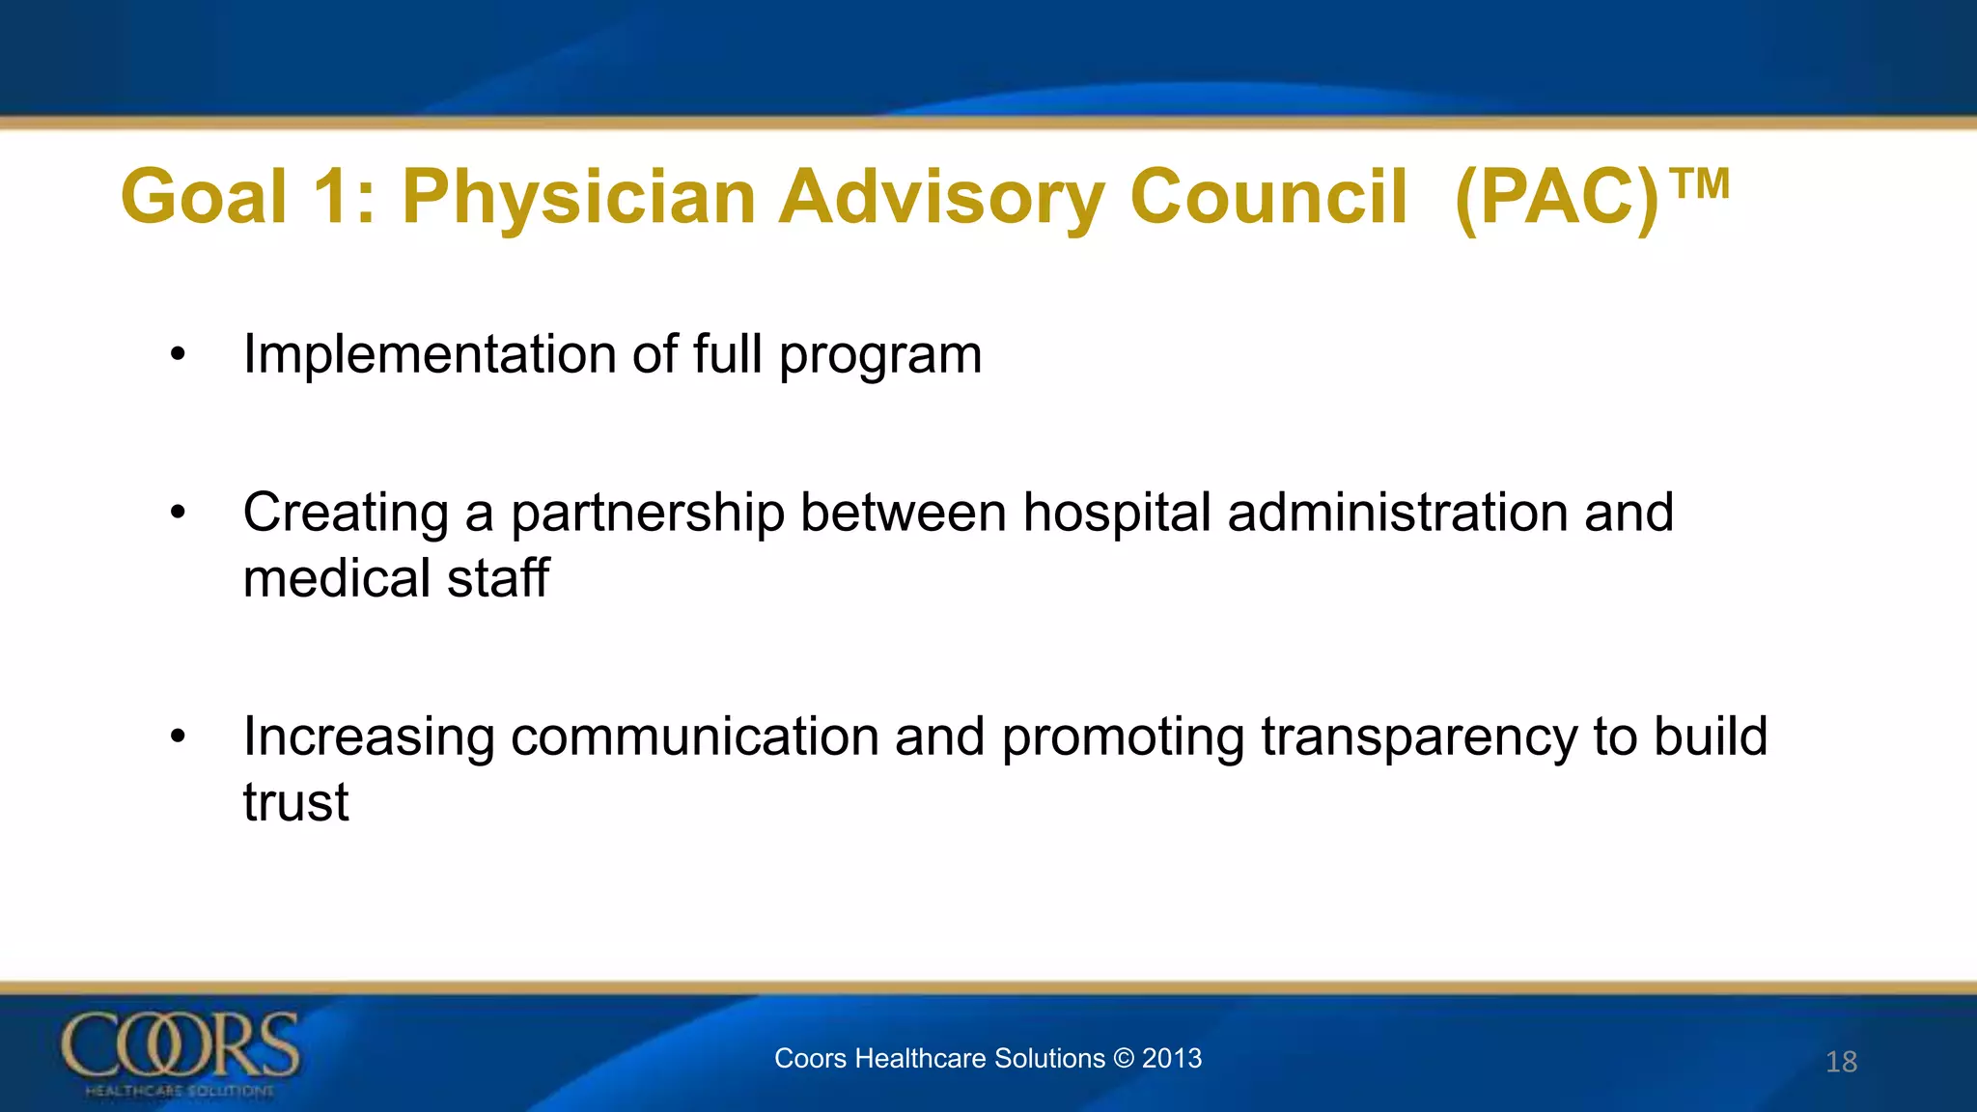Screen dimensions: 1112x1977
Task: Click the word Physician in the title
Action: click(x=578, y=198)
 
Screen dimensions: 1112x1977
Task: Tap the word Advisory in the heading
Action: click(x=942, y=198)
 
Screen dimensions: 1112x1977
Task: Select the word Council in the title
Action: click(x=1267, y=198)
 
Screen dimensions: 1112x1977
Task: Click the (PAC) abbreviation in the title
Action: click(x=1556, y=198)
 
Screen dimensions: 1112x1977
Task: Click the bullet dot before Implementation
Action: click(x=177, y=355)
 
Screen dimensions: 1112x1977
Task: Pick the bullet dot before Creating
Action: click(x=177, y=514)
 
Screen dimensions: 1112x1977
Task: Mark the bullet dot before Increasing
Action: click(x=177, y=737)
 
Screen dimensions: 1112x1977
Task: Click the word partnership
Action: click(x=647, y=514)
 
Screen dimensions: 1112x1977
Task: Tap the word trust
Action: click(x=295, y=802)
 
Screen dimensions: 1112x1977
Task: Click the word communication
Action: click(x=695, y=737)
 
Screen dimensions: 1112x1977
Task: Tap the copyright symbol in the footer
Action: click(x=1123, y=1058)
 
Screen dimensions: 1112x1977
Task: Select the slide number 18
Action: click(x=1841, y=1062)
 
